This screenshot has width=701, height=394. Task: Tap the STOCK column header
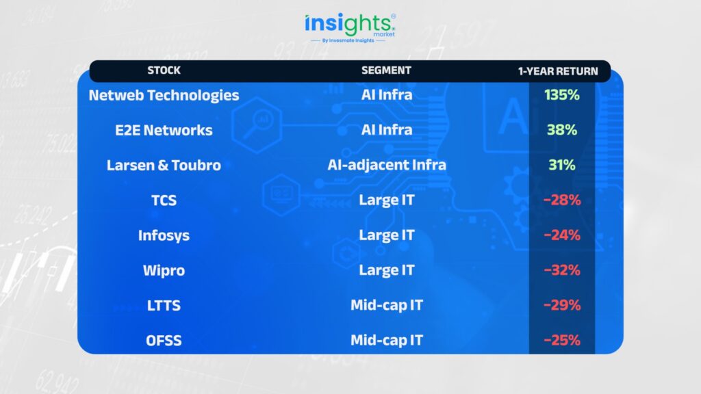pyautogui.click(x=164, y=70)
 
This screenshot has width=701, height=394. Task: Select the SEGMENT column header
pyautogui.click(x=386, y=70)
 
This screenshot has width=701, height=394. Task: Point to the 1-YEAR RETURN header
pyautogui.click(x=558, y=71)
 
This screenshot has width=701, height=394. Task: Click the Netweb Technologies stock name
pyautogui.click(x=164, y=95)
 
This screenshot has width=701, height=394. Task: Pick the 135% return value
pyautogui.click(x=562, y=94)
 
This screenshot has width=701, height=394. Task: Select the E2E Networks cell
pyautogui.click(x=164, y=130)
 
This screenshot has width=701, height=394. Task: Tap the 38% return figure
pyautogui.click(x=562, y=129)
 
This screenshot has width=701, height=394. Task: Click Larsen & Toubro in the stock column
pyautogui.click(x=164, y=166)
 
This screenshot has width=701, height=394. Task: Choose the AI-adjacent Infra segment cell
pyautogui.click(x=387, y=165)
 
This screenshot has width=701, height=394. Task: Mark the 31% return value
pyautogui.click(x=562, y=165)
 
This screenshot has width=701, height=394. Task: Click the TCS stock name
pyautogui.click(x=164, y=200)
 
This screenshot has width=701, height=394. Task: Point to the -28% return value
pyautogui.click(x=562, y=200)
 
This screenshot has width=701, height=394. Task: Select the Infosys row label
pyautogui.click(x=164, y=235)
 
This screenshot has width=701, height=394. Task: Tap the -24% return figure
pyautogui.click(x=562, y=235)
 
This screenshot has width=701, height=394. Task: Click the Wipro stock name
pyautogui.click(x=164, y=270)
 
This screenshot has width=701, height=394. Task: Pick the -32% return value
pyautogui.click(x=562, y=270)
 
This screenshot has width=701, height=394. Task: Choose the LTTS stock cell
pyautogui.click(x=164, y=306)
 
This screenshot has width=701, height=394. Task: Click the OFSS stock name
pyautogui.click(x=164, y=341)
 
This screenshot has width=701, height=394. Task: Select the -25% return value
pyautogui.click(x=562, y=340)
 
